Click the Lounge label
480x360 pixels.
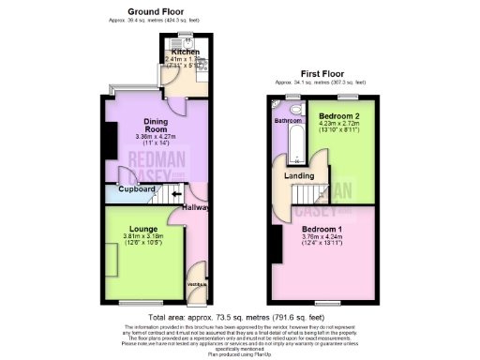tap(129, 228)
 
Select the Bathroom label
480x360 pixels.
tap(288, 122)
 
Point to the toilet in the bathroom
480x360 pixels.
tap(295, 110)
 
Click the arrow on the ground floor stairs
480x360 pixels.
tap(174, 195)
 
